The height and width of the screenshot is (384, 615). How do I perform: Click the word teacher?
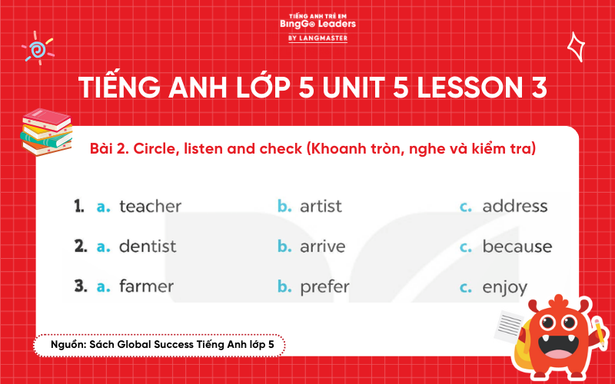(x=150, y=207)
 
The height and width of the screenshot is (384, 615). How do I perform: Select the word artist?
(x=321, y=207)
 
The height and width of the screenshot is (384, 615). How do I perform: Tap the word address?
(x=514, y=207)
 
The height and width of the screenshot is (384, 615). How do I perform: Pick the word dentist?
(x=148, y=247)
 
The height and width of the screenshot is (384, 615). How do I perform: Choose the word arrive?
(x=322, y=247)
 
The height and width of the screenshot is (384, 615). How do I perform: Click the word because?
(x=517, y=247)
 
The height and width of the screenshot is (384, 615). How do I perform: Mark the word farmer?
(x=146, y=286)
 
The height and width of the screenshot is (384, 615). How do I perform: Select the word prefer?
(x=324, y=287)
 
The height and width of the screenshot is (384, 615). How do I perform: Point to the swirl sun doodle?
(x=36, y=48)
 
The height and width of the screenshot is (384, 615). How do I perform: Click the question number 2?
(x=80, y=247)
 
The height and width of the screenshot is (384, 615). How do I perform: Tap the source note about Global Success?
(x=158, y=346)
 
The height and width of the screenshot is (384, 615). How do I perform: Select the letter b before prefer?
(x=284, y=286)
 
